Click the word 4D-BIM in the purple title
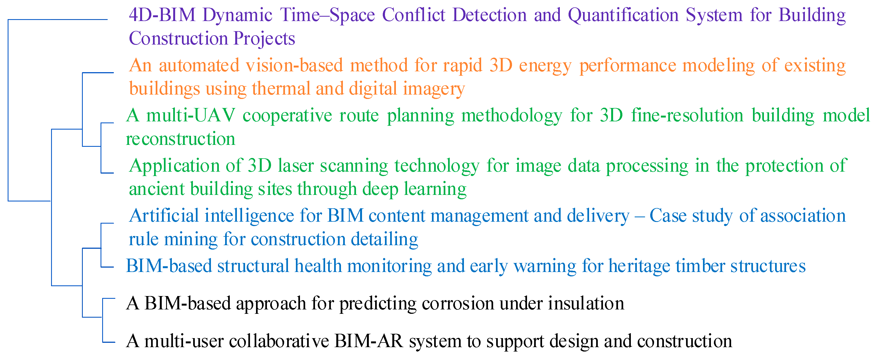point(163,15)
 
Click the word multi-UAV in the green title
point(190,116)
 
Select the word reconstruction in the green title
point(180,139)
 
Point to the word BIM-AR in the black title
point(369,341)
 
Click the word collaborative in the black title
point(279,341)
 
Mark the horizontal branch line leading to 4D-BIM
point(58,20)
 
